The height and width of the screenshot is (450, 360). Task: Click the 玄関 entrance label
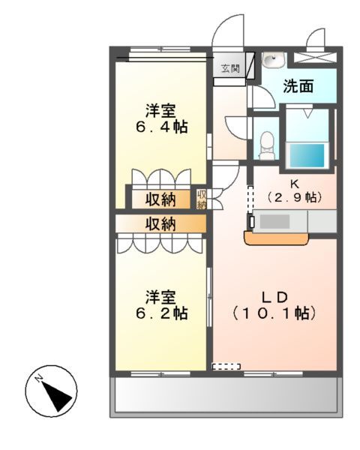coord(229,69)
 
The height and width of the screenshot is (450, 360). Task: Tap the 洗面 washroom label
coord(298,86)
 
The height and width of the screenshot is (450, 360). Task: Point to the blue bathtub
coord(307,154)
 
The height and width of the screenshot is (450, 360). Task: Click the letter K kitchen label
coord(294,182)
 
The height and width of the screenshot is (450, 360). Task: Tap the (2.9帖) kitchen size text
coord(294,197)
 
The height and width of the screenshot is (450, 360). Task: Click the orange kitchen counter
coord(277,238)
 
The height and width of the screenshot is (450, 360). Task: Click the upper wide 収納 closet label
coord(160,199)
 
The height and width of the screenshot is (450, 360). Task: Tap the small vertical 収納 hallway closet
coord(202,199)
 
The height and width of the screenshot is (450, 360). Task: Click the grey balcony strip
coord(225,395)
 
